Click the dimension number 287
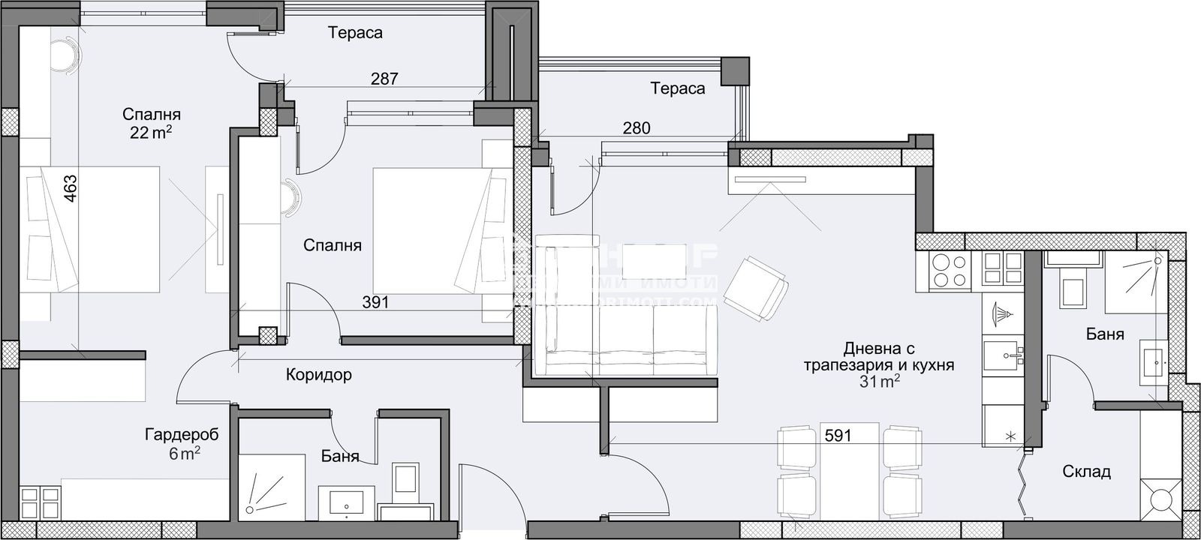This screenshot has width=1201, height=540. pos(384,78)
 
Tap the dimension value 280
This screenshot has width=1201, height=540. pos(636,128)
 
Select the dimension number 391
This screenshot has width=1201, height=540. pos(375,302)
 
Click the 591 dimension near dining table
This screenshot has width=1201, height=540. pos(838,435)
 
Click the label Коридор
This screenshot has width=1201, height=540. pos(318,374)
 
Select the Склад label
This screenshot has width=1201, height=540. pos(1086,472)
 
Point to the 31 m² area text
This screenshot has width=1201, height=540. pos(880,382)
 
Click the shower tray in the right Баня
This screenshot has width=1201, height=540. pos(1136,283)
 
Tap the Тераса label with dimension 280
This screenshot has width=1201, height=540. pos(678,88)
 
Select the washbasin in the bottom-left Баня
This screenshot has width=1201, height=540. pos(347,500)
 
